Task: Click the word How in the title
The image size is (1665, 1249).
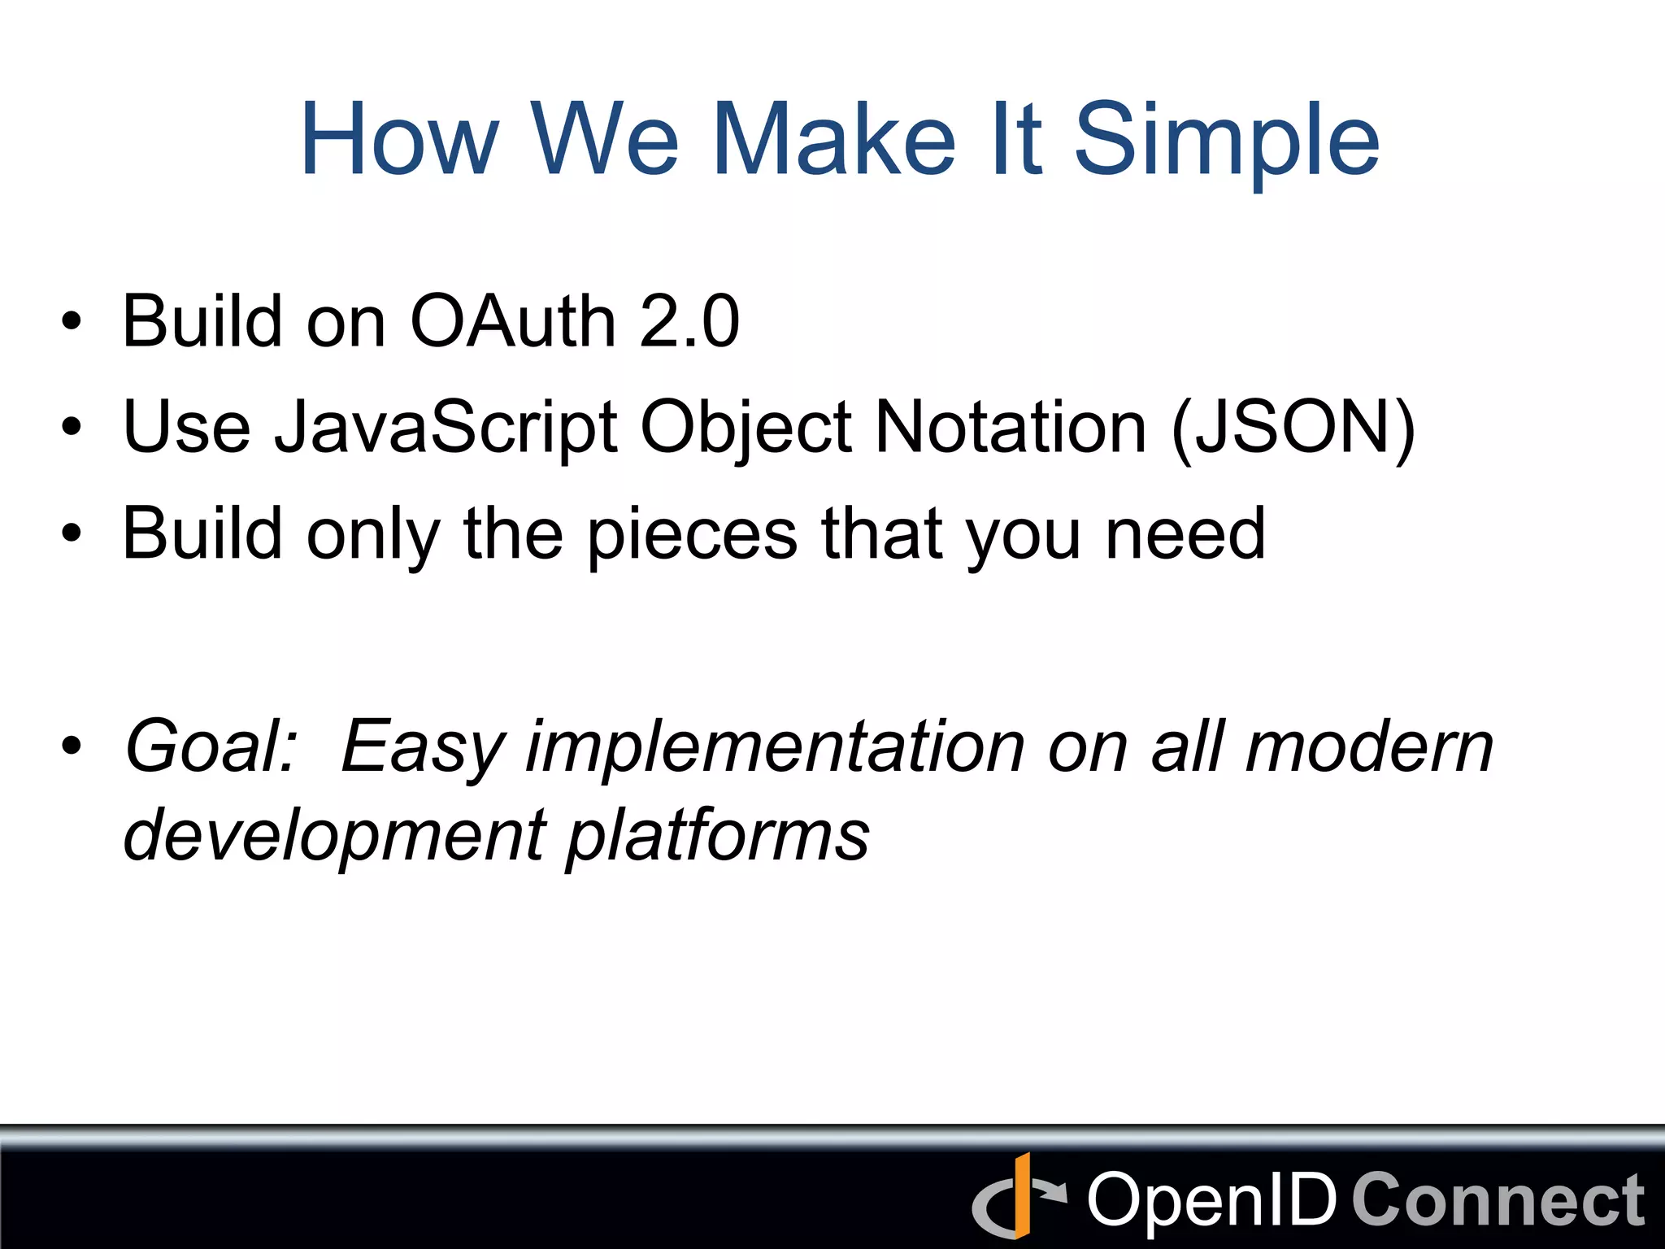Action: [x=398, y=140]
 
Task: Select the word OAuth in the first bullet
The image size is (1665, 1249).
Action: [x=512, y=322]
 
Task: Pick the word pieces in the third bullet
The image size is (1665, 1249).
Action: [x=692, y=535]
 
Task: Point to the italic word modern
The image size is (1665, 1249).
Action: [x=1369, y=746]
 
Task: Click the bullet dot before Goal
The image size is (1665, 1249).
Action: [x=72, y=746]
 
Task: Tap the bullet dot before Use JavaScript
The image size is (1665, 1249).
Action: [x=72, y=426]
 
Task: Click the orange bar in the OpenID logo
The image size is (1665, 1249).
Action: [x=1022, y=1195]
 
